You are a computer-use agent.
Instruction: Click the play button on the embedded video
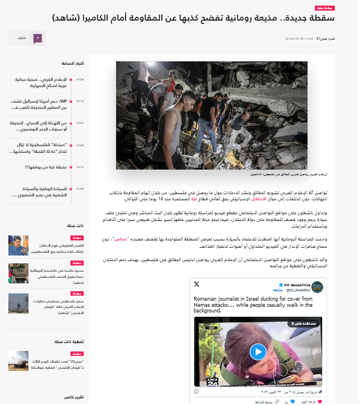point(257,351)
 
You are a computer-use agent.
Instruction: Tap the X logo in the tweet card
point(196,285)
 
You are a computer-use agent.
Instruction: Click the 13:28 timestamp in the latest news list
point(80,79)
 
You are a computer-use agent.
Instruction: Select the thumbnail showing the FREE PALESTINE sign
point(18,273)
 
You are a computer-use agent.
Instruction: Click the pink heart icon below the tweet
point(319,402)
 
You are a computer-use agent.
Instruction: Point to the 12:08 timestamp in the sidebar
point(80,189)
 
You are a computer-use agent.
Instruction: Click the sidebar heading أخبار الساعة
point(73,63)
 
